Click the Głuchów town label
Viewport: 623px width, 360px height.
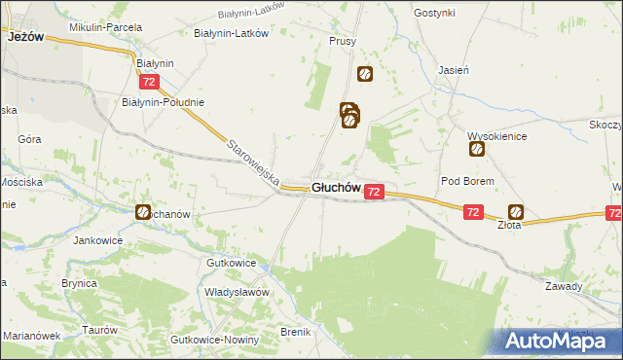[x=337, y=188]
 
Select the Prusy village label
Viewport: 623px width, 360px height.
[x=343, y=42]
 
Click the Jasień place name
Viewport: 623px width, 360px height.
[x=454, y=70]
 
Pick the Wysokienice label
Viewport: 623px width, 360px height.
[x=496, y=136]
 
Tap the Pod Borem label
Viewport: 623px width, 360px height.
[x=468, y=181]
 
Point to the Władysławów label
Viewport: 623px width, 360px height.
[x=237, y=291]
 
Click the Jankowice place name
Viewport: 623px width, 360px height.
[x=102, y=238]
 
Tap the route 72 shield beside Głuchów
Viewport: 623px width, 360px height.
[x=375, y=193]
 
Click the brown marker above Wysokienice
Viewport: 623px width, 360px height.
[x=477, y=149]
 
